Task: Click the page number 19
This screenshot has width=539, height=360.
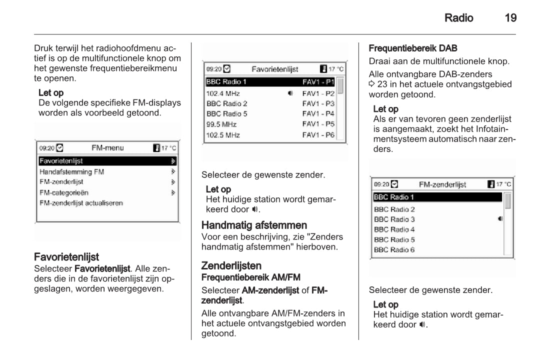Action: pyautogui.click(x=510, y=18)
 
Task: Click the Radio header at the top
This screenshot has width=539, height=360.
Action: pyautogui.click(x=458, y=18)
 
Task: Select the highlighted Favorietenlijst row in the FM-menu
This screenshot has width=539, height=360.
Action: pyautogui.click(x=107, y=161)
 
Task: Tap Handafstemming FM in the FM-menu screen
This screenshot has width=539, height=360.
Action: pyautogui.click(x=72, y=171)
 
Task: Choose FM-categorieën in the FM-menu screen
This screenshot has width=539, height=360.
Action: pyautogui.click(x=64, y=192)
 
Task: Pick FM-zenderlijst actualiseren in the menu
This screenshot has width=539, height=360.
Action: pyautogui.click(x=81, y=203)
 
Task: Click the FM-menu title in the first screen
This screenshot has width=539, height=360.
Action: pyautogui.click(x=107, y=148)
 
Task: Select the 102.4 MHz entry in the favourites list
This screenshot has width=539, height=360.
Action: pyautogui.click(x=223, y=93)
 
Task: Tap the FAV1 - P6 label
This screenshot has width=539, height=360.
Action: pyautogui.click(x=318, y=135)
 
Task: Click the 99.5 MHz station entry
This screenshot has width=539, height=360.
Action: pyautogui.click(x=221, y=124)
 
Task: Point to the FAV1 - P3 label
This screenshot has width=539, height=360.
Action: pyautogui.click(x=318, y=103)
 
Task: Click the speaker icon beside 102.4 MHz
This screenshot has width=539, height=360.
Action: pyautogui.click(x=290, y=93)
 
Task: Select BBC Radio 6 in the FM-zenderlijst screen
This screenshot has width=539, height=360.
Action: pyautogui.click(x=394, y=249)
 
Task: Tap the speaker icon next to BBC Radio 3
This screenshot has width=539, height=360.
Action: pyautogui.click(x=500, y=219)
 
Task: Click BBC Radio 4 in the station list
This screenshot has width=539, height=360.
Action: pyautogui.click(x=394, y=229)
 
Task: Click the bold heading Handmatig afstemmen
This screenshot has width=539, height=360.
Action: pyautogui.click(x=254, y=225)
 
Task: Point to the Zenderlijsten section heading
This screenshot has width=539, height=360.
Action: pyautogui.click(x=231, y=265)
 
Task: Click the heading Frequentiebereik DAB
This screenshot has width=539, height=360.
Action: pyautogui.click(x=413, y=48)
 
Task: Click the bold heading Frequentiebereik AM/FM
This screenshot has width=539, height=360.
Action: pyautogui.click(x=250, y=277)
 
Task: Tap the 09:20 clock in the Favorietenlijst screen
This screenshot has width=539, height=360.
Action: pyautogui.click(x=213, y=69)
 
